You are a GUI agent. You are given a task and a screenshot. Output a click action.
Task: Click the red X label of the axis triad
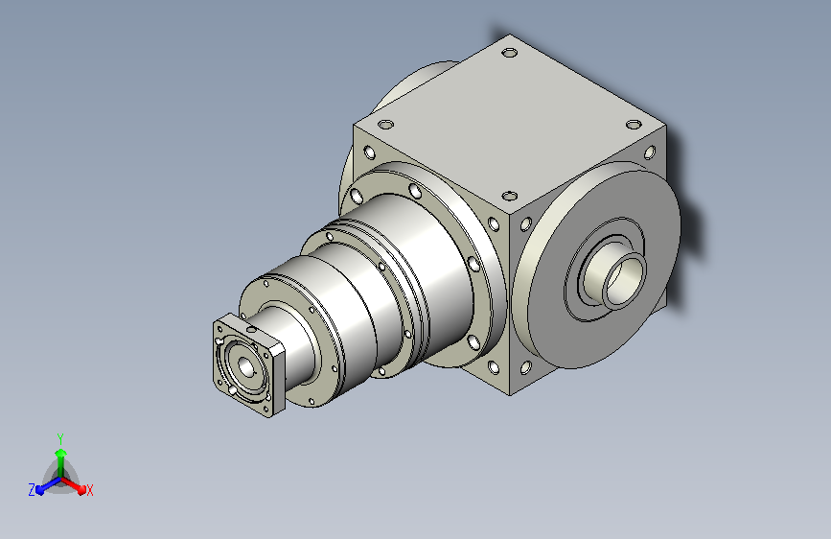[x=89, y=491]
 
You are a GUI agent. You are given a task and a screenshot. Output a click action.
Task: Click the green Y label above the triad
[x=60, y=439]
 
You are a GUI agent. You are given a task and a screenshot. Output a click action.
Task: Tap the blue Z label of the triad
[x=32, y=490]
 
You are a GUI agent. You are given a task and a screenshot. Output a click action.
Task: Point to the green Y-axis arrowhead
[x=61, y=453]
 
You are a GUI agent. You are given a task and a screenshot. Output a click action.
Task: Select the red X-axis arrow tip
[x=81, y=489]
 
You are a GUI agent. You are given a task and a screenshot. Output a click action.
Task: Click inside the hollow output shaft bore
[x=625, y=279]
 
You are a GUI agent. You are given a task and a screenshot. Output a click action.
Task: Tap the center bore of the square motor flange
[x=246, y=366]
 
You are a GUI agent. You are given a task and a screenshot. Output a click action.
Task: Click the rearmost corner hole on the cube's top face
[x=509, y=53]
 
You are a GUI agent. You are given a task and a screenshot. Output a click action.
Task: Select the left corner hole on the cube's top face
[x=385, y=125]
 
